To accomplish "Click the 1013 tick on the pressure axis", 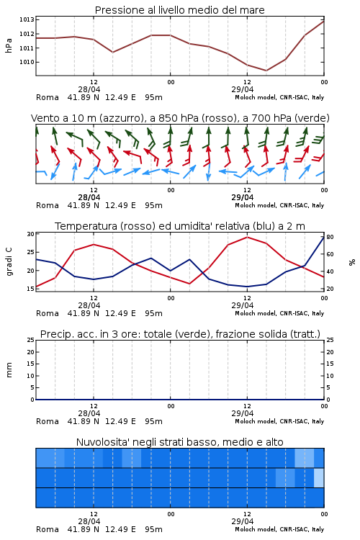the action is coord(27,19).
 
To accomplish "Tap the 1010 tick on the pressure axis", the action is coord(27,63).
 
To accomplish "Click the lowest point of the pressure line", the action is coord(266,71).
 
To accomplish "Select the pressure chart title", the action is coord(179,10).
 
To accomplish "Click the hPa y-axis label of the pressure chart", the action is coord(9,45).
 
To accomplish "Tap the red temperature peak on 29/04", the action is coord(247,237).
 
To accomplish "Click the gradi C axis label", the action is coord(9,261).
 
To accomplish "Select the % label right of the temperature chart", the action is coord(352,262).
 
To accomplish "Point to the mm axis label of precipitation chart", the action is coord(9,370).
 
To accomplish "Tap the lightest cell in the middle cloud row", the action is coord(319,477).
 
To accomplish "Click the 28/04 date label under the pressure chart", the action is coord(89,89).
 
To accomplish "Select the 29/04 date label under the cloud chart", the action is coord(242,521).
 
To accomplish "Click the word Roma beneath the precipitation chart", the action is coord(48,421).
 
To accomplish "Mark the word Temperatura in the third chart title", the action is coord(86,226).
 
